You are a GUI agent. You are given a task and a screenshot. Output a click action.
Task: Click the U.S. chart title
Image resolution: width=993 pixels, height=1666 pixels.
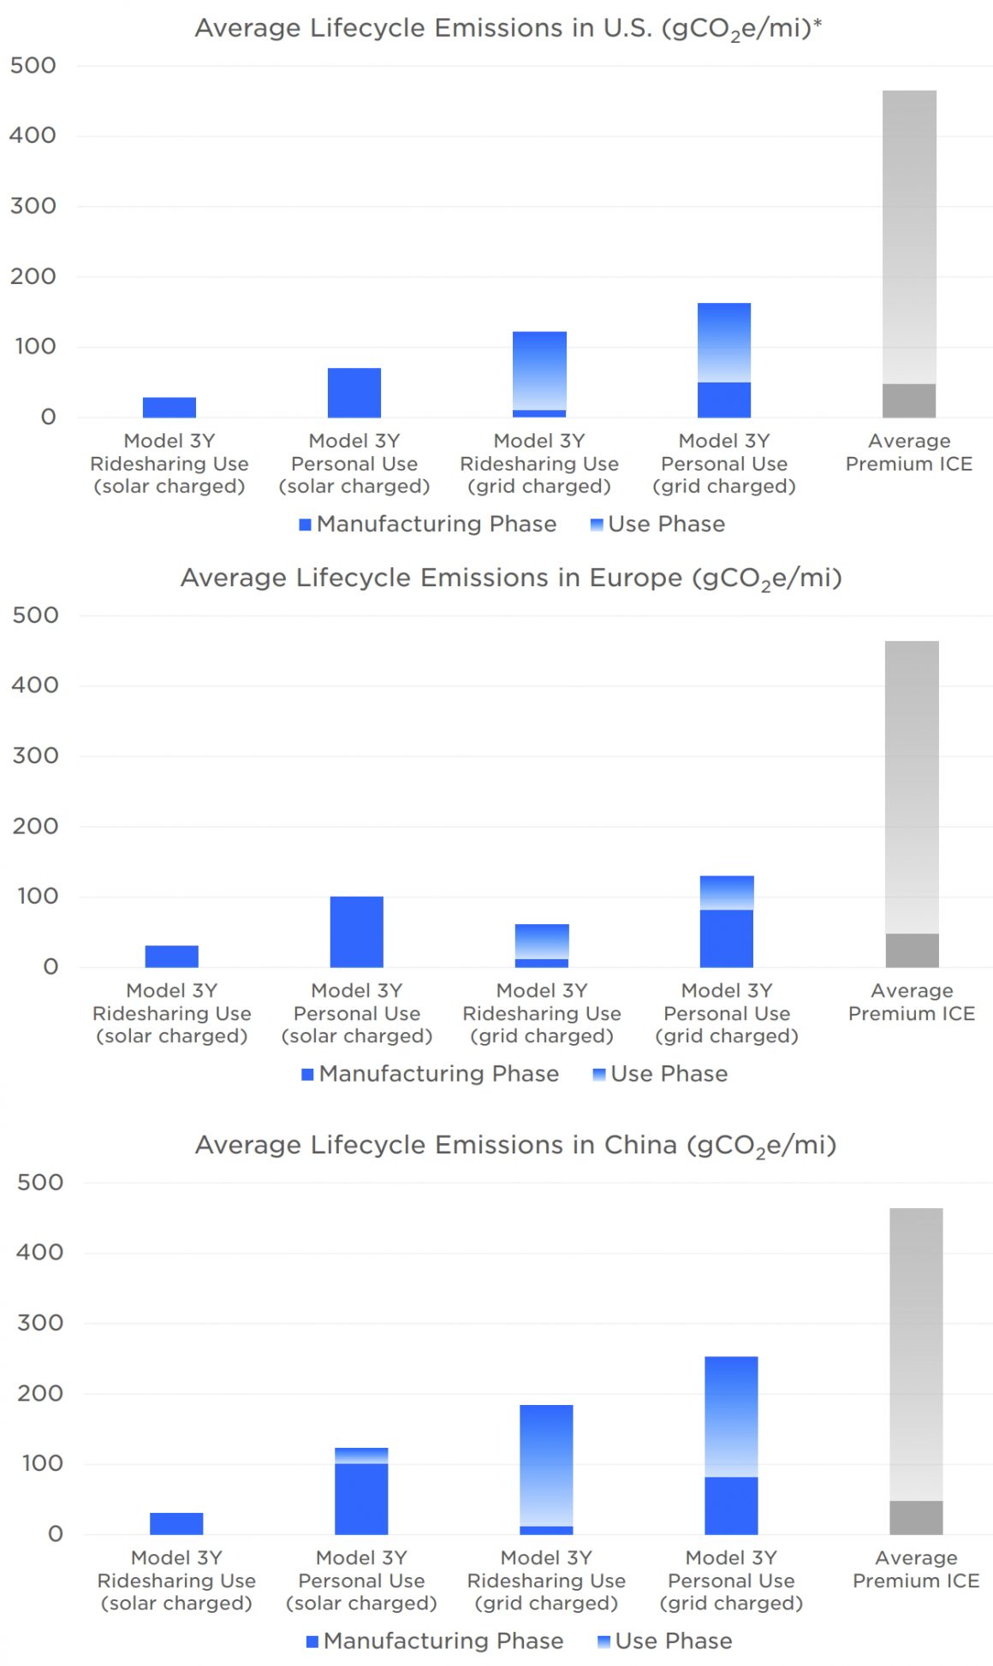508,29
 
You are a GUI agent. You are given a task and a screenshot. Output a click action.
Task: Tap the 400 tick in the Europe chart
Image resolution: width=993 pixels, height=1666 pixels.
35,685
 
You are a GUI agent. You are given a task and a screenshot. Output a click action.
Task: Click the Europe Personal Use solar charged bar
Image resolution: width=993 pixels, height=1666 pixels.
357,931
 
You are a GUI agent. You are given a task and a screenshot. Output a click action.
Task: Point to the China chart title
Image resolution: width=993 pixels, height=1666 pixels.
515,1146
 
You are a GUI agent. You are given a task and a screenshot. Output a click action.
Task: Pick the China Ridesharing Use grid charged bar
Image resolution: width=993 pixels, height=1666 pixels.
546,1468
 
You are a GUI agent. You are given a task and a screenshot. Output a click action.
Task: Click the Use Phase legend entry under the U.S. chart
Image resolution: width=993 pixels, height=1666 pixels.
657,524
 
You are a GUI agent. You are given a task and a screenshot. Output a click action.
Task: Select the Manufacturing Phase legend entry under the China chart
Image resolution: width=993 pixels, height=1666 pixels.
435,1640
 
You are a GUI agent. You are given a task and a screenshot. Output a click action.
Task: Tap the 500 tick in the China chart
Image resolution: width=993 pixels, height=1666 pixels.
40,1183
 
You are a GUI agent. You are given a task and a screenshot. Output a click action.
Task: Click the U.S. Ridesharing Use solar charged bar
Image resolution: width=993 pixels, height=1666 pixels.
169,407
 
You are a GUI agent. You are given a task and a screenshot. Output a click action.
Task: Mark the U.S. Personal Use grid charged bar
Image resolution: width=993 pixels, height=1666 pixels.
724,359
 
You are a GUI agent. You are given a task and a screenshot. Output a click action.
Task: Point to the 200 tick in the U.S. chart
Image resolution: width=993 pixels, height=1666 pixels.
33,276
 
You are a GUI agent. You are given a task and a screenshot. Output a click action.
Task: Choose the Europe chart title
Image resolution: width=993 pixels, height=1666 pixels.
511,579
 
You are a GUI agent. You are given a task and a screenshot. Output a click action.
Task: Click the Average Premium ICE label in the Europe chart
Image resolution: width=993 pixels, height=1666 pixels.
912,1002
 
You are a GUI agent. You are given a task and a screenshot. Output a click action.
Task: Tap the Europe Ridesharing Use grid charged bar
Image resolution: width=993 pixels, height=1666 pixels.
542,946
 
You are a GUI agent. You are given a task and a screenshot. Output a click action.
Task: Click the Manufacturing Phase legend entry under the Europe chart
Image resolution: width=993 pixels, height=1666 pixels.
431,1074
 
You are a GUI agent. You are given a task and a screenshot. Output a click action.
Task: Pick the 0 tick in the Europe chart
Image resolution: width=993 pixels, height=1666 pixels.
51,967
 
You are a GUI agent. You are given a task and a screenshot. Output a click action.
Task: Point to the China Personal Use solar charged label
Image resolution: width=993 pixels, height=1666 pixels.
361,1580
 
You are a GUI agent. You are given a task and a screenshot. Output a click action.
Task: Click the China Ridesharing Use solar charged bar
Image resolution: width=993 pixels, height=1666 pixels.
176,1523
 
